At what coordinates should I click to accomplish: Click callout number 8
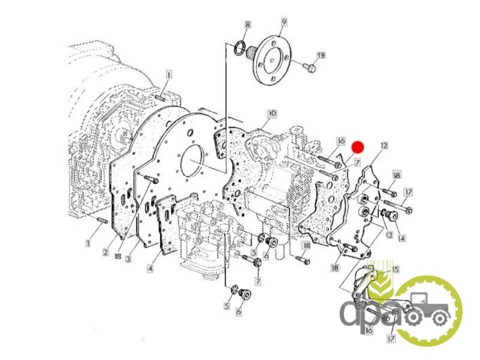coord(248,25)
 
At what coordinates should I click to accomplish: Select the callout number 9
coord(284,22)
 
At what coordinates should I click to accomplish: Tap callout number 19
coord(320,55)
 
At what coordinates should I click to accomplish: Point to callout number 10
coord(272,113)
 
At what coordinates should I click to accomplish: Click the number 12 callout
coord(384,145)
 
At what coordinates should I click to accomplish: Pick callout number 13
coord(389,235)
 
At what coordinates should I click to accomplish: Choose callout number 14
coord(401,238)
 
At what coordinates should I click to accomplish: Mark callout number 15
coord(395,269)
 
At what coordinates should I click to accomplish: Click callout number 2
coord(106,252)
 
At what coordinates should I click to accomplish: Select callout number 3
coord(128,259)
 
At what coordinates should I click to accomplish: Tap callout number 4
coord(150,268)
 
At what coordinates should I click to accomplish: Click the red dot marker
coord(357,147)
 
